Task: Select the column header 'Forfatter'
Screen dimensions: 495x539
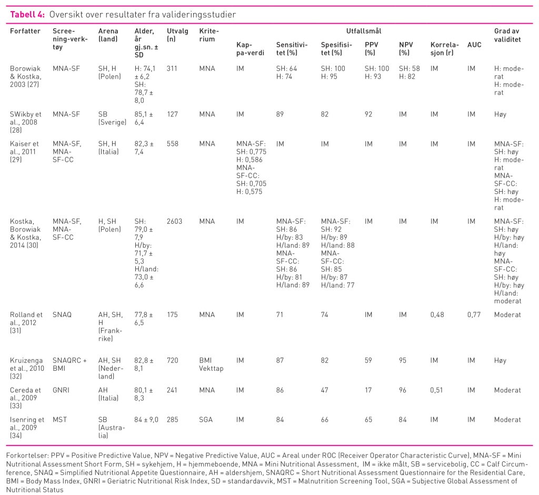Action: click(x=25, y=31)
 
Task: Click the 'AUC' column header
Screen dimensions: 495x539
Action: click(x=474, y=45)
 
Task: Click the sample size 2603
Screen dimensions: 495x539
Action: click(x=175, y=222)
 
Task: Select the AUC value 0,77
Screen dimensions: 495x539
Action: click(x=474, y=315)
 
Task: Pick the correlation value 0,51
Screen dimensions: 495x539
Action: click(x=436, y=390)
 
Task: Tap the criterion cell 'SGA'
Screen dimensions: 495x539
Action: click(x=206, y=420)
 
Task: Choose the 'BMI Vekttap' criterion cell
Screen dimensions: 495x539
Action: click(x=211, y=364)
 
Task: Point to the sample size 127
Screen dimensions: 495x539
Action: click(x=172, y=114)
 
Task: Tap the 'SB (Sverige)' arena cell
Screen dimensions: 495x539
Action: click(x=112, y=118)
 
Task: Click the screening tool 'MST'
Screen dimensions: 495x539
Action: click(x=60, y=420)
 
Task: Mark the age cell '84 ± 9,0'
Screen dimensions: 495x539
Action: click(x=146, y=420)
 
